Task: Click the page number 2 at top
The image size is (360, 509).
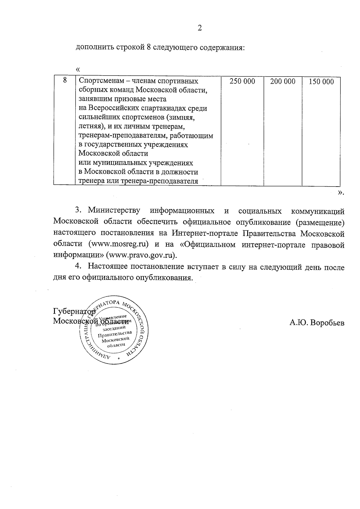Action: point(199,28)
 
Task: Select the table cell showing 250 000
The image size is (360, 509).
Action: point(242,82)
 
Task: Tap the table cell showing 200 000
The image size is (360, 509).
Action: point(283,82)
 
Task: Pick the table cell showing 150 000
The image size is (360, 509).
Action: point(321,82)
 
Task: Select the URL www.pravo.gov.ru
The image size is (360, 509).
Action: point(142,255)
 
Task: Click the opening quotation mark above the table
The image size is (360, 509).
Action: point(78,69)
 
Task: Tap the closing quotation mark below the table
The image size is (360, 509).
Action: point(340,193)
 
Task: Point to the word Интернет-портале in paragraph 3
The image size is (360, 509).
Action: point(205,233)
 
